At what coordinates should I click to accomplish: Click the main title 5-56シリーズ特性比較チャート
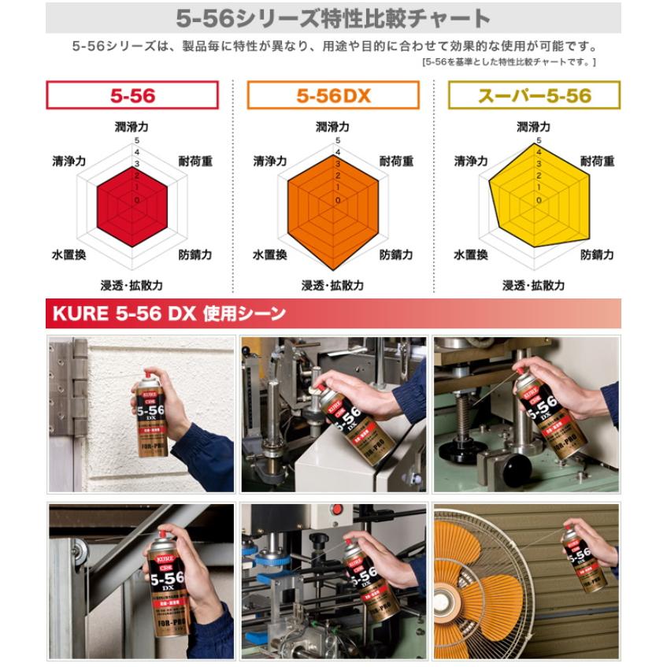click(332, 18)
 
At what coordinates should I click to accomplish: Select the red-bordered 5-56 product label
click(132, 96)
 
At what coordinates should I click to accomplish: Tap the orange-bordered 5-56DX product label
click(333, 96)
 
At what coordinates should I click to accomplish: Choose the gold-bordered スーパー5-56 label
click(534, 96)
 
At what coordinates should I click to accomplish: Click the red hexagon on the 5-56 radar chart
click(132, 201)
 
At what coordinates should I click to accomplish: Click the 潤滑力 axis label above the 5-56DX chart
click(333, 126)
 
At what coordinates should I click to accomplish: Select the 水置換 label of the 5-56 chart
click(69, 255)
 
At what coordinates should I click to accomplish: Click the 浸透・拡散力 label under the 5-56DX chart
click(333, 285)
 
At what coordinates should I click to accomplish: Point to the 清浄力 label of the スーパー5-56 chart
click(471, 161)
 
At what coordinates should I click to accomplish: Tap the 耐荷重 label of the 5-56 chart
click(195, 161)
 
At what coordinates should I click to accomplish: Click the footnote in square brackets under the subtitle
click(509, 61)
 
